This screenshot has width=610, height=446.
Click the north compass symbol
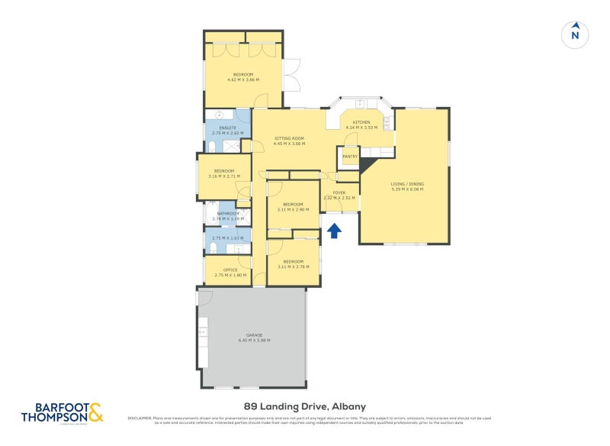point(575,34)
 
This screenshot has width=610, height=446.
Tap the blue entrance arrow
point(333,229)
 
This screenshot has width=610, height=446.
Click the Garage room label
point(254,335)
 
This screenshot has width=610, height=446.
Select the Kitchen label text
point(361,122)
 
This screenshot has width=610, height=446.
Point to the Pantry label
point(350,157)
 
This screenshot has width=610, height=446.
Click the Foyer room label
point(339,193)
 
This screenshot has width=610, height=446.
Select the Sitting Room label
point(290,138)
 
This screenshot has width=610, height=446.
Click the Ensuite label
point(227,128)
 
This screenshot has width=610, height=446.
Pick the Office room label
point(230,270)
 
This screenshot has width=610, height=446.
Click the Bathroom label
point(228,213)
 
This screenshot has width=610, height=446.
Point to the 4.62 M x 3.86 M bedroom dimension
point(242,79)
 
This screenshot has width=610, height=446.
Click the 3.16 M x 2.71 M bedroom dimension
point(223,176)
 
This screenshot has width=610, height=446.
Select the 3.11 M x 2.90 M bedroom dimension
point(293,209)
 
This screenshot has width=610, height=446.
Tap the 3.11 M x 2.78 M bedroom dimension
point(293,267)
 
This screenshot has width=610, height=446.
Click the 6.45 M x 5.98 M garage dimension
point(254,341)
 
